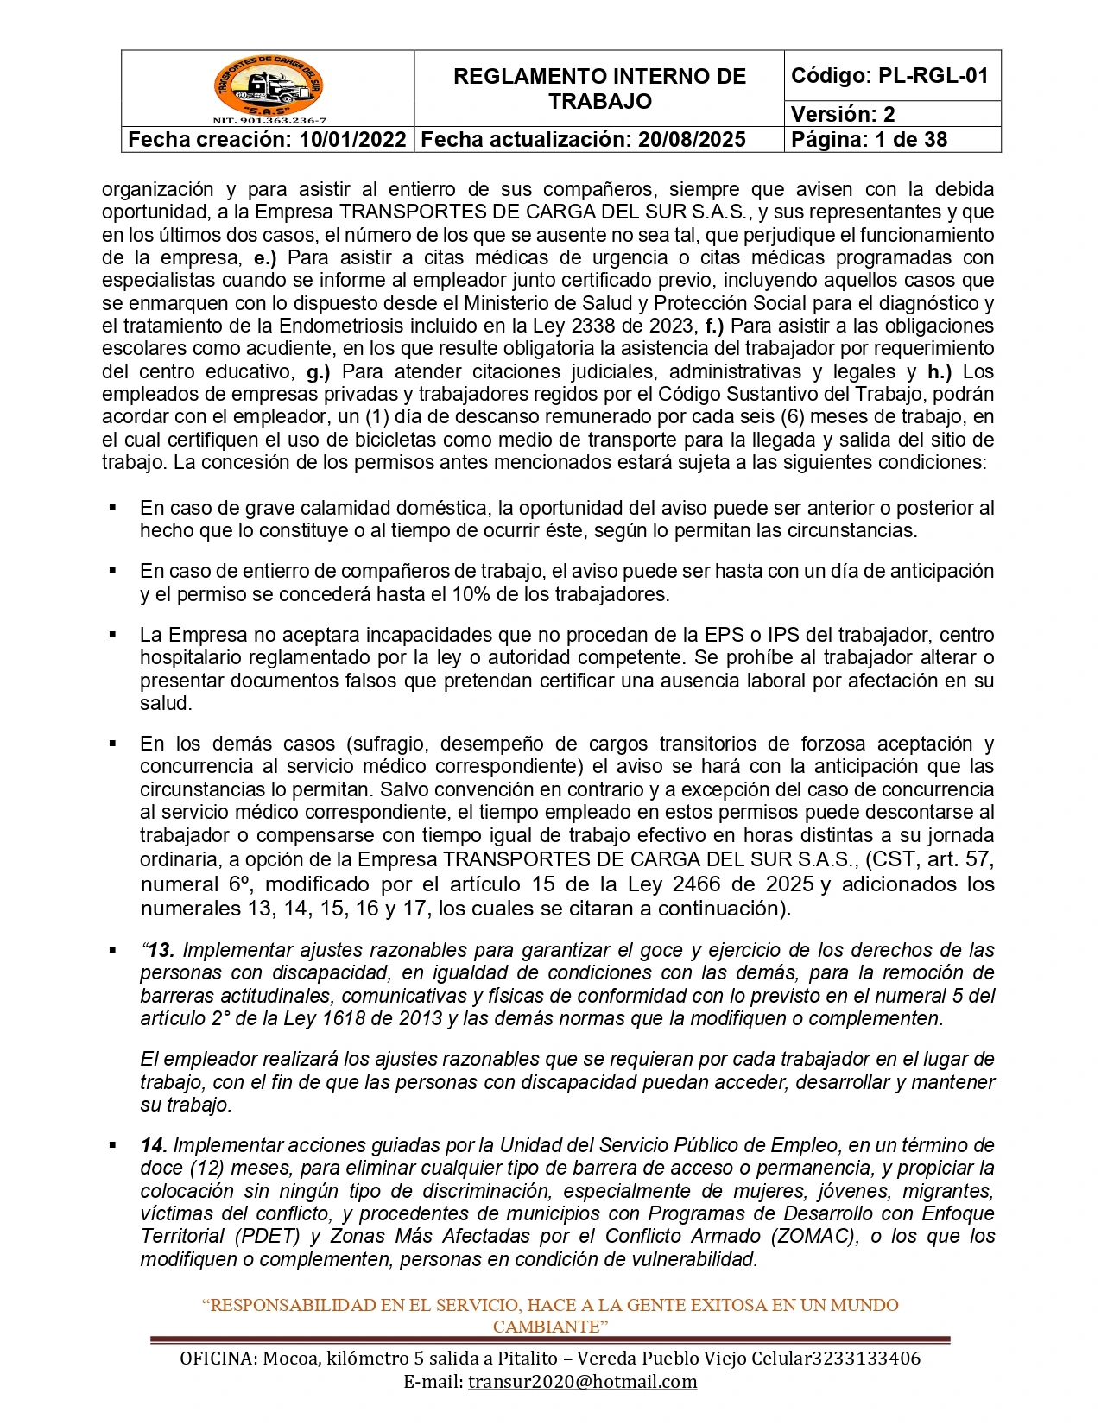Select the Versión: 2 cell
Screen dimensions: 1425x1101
[x=843, y=114]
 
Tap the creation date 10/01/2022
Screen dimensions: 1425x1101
[x=352, y=140]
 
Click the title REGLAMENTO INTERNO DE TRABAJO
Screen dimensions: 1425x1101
[x=599, y=89]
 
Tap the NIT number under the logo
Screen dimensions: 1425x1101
[x=269, y=121]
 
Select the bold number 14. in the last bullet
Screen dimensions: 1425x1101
[x=154, y=1145]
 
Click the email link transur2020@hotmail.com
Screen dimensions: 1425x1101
[x=582, y=1381]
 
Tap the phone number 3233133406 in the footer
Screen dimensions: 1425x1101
[x=866, y=1358]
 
